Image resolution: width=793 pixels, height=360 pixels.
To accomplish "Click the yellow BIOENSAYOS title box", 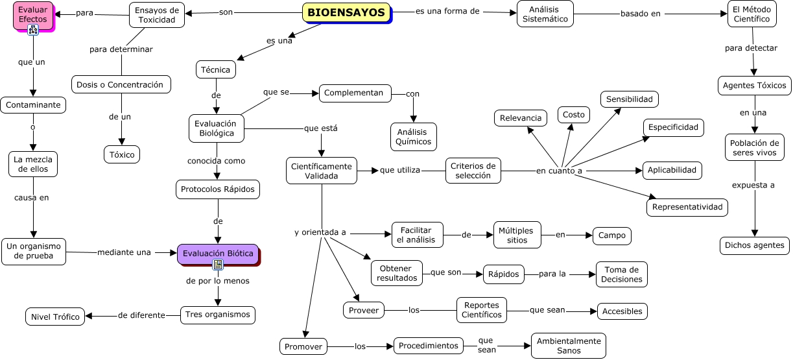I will point(346,13).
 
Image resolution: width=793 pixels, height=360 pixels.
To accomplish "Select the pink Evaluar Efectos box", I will point(33,15).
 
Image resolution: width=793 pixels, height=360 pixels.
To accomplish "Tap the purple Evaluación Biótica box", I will point(218,254).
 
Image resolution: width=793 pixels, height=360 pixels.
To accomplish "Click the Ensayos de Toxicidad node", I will point(157,15).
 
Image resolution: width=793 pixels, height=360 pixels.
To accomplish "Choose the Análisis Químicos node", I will point(414,136).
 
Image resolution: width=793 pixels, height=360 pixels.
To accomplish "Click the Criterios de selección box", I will point(473,171).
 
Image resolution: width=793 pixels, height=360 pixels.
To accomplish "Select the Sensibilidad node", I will point(630,99).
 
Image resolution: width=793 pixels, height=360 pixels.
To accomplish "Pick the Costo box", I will point(574,115).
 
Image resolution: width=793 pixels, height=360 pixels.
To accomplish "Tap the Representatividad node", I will point(687,208).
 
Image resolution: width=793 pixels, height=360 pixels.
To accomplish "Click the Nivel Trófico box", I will point(55,317).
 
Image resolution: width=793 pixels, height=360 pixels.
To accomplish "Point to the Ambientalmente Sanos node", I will point(569,346).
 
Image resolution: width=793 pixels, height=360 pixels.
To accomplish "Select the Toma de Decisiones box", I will point(622,274).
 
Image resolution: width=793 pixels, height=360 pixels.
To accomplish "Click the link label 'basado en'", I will point(641,14).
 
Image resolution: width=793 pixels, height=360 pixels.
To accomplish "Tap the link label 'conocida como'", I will point(217,161).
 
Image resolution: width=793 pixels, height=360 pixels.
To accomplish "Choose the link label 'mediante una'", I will point(124,252).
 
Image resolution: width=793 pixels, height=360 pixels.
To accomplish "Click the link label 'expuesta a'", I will point(753,185).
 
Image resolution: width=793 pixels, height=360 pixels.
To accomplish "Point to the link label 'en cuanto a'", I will point(559,171).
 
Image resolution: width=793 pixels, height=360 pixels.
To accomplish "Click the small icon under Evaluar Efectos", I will point(33,30).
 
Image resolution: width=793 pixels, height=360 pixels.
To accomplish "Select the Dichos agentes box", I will point(755,245).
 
